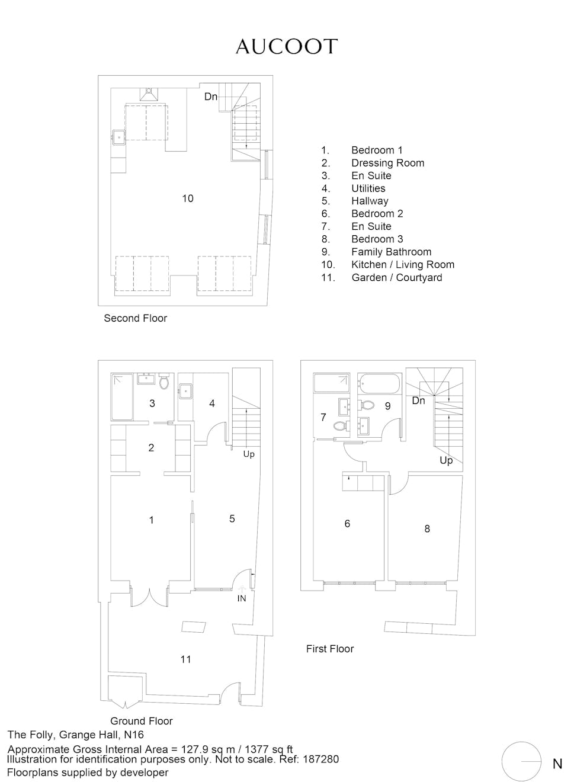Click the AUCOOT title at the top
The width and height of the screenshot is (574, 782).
click(x=287, y=47)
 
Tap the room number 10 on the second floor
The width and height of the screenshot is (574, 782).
click(x=188, y=198)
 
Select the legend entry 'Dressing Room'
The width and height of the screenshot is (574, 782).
click(x=387, y=163)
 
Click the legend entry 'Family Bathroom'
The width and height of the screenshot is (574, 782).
click(x=392, y=252)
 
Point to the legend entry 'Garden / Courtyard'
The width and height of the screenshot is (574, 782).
click(x=397, y=277)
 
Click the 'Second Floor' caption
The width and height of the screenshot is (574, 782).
click(x=136, y=318)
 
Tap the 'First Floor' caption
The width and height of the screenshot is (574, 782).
click(x=330, y=649)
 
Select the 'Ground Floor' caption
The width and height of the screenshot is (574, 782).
click(x=142, y=721)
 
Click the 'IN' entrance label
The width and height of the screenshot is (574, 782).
click(x=242, y=598)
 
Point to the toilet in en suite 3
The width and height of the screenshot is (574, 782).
click(x=163, y=382)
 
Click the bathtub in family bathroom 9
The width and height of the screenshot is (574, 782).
click(x=379, y=384)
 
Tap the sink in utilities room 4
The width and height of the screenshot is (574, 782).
click(x=185, y=391)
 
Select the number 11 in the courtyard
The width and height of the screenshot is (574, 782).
click(x=185, y=659)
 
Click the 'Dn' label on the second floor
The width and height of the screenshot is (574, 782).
click(x=211, y=97)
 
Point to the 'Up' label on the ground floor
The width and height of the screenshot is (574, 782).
click(x=249, y=454)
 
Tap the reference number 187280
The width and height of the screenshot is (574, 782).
click(x=321, y=759)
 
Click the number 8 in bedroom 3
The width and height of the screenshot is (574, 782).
click(x=427, y=528)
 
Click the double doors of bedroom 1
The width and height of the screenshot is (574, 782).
click(x=149, y=598)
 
